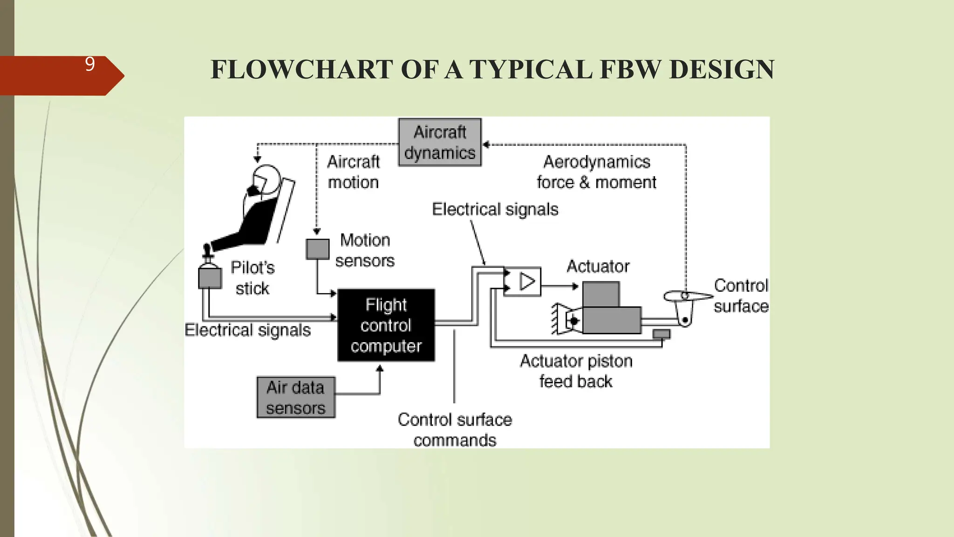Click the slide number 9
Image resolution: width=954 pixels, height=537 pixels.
point(90,64)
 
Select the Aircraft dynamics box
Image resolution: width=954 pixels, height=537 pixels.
point(440,142)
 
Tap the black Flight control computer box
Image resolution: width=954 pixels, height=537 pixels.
point(386,325)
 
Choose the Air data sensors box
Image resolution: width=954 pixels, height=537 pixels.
point(296,397)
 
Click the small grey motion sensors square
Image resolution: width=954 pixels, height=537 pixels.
point(317,249)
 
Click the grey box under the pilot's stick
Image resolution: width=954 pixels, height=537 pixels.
point(210,278)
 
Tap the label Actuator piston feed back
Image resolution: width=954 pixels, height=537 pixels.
point(576,371)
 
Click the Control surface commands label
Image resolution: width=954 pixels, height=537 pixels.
point(455,429)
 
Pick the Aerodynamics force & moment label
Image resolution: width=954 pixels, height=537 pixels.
point(596,172)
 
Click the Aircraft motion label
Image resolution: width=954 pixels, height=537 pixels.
point(353,172)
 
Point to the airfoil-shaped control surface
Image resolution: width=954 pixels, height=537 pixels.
point(688,296)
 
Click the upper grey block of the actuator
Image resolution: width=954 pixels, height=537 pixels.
point(601,294)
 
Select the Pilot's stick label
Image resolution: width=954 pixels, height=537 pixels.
point(252,278)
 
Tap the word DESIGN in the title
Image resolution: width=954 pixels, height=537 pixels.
point(722,70)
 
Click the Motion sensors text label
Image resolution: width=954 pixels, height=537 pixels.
point(365,250)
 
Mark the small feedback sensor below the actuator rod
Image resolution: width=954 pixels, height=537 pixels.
point(661,334)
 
